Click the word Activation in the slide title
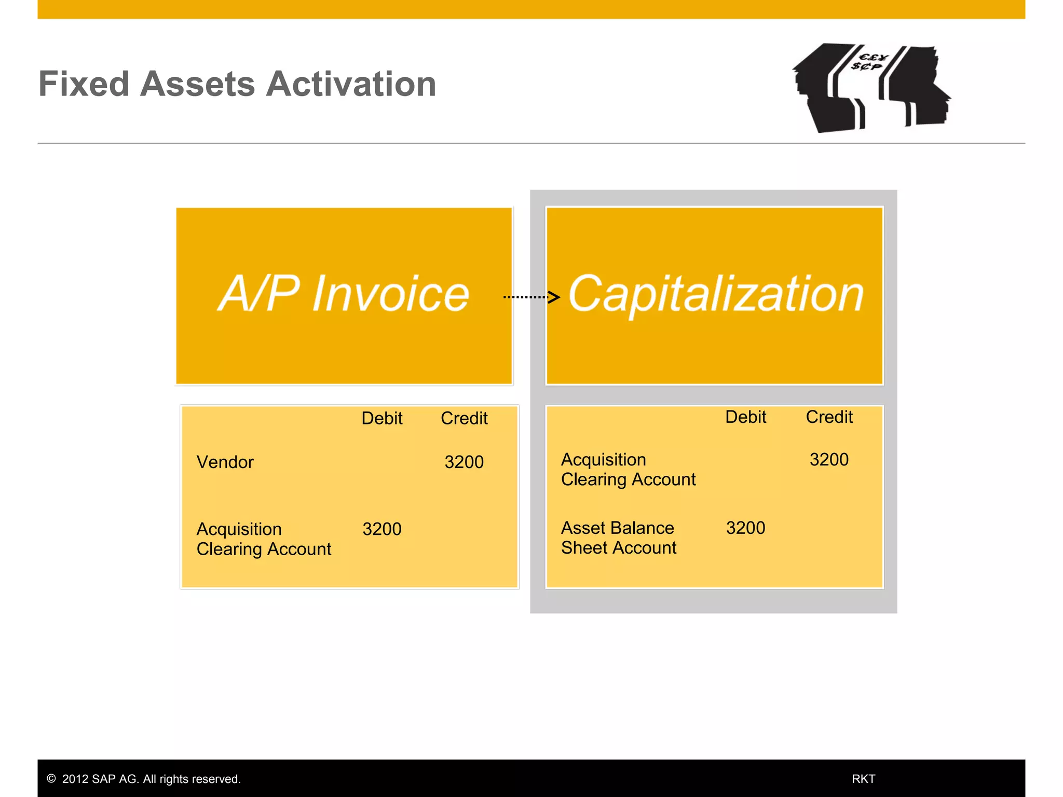351,84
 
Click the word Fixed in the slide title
84,84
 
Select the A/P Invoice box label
344,294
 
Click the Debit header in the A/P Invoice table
381,418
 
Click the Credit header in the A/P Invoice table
464,418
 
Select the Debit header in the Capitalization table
745,417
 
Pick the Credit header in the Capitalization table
829,417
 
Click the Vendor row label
225,462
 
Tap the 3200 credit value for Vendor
464,462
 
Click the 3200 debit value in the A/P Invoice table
381,529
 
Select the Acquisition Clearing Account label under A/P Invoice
264,539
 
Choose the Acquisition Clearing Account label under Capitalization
628,470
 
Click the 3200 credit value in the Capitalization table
829,460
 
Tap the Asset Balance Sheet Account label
618,538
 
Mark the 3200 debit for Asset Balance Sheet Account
745,528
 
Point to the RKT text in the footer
863,779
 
